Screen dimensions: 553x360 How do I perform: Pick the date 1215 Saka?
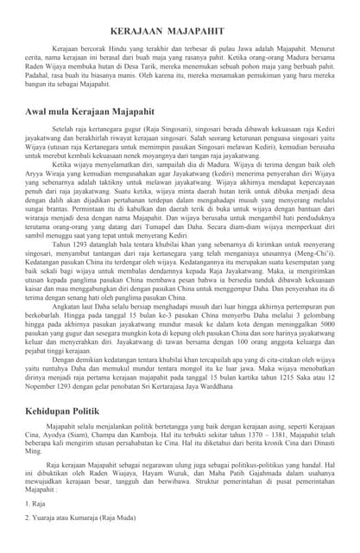(285, 378)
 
